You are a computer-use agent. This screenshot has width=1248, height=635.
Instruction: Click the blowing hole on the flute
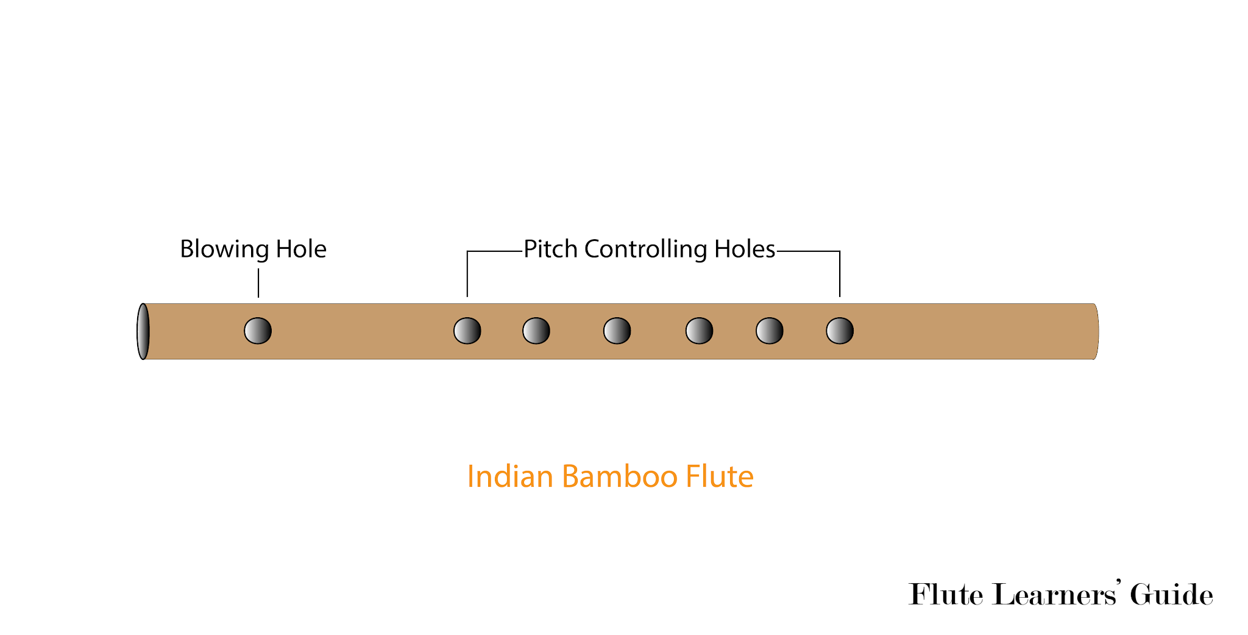point(258,331)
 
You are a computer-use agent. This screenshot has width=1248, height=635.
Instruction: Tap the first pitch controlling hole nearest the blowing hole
point(467,331)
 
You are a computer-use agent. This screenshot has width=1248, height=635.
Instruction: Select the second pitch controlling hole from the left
point(536,331)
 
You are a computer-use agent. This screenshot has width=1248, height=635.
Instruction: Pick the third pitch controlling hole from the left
point(617,331)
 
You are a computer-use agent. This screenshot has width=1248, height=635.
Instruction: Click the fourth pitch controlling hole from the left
point(699,331)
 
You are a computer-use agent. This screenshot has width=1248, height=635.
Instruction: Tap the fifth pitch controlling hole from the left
point(769,331)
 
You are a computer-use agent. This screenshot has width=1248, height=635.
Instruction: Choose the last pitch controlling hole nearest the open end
point(839,331)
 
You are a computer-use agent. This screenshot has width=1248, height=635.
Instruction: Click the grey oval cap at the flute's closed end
point(143,331)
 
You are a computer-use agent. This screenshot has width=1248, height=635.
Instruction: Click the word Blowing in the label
point(224,249)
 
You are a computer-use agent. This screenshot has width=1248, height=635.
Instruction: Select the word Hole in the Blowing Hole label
point(301,249)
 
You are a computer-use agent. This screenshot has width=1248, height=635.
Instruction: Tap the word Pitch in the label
point(550,249)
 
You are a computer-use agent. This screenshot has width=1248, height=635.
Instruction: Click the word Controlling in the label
point(645,249)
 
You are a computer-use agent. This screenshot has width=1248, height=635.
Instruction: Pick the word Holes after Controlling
point(744,249)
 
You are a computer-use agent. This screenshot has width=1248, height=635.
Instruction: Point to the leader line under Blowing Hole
point(258,283)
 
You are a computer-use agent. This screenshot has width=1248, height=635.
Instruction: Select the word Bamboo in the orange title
point(620,476)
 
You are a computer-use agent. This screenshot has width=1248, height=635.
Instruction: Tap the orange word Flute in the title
point(720,476)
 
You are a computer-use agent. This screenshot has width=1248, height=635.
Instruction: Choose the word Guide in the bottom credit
point(1171,594)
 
